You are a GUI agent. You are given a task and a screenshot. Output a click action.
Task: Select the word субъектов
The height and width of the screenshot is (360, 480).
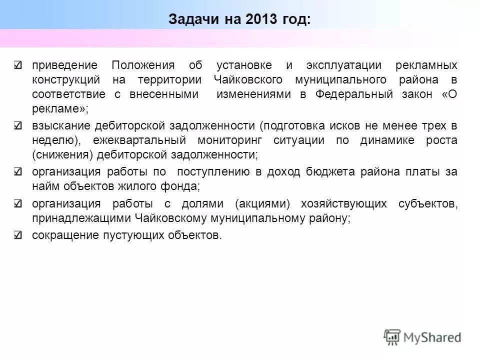coord(428,204)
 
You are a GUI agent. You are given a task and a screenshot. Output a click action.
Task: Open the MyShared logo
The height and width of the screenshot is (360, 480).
coord(422,337)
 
